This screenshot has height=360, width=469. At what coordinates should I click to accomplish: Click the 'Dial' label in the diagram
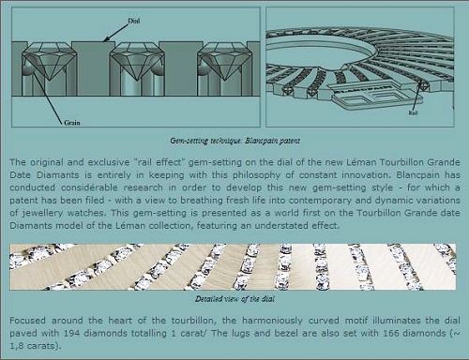pos(134,21)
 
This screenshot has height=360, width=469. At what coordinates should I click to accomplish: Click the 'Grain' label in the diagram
pos(72,123)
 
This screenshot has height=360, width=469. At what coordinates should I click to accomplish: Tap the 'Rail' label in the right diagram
pos(413,112)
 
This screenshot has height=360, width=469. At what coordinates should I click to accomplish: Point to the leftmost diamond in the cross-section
pos(50,62)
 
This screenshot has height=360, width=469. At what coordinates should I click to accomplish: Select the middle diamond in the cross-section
pos(137,62)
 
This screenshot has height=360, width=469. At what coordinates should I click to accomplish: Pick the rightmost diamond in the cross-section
pos(224,62)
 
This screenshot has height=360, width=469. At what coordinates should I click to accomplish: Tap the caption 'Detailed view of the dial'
pos(234,299)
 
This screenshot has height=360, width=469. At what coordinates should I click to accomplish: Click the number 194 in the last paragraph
pos(71,333)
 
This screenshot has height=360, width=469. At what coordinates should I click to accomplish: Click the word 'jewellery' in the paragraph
pos(42,213)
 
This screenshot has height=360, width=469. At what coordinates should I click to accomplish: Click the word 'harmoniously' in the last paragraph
pos(272,321)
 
